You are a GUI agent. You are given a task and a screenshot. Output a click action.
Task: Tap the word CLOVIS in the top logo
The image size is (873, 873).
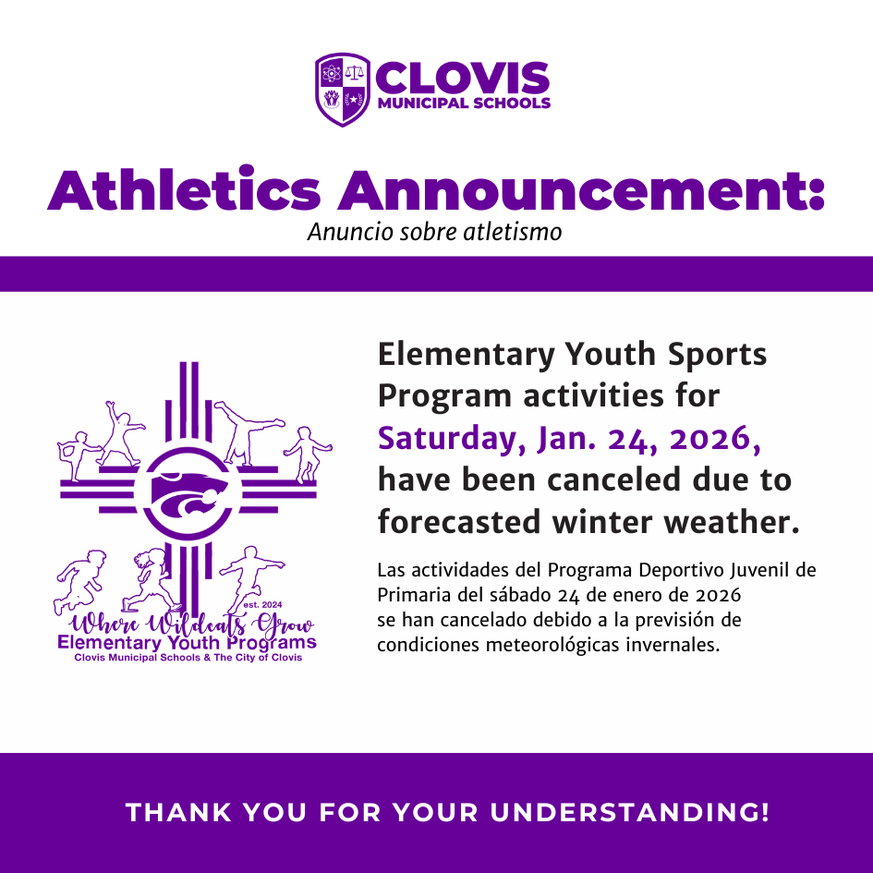463,78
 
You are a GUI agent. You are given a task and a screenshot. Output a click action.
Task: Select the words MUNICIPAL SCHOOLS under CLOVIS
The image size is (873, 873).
464,103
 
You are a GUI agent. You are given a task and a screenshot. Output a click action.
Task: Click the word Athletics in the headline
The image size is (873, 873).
184,189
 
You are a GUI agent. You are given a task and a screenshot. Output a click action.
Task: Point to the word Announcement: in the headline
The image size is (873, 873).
579,189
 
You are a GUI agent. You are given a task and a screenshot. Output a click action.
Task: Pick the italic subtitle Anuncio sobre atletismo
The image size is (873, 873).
434,231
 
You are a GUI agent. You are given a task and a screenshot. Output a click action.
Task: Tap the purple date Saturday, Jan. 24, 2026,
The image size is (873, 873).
570,438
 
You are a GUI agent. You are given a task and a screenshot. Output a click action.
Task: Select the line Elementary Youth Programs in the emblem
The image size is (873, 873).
187,642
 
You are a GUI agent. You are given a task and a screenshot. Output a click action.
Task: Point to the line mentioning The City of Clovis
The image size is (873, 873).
188,658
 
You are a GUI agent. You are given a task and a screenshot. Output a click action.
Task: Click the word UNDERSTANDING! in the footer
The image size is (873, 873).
630,813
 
